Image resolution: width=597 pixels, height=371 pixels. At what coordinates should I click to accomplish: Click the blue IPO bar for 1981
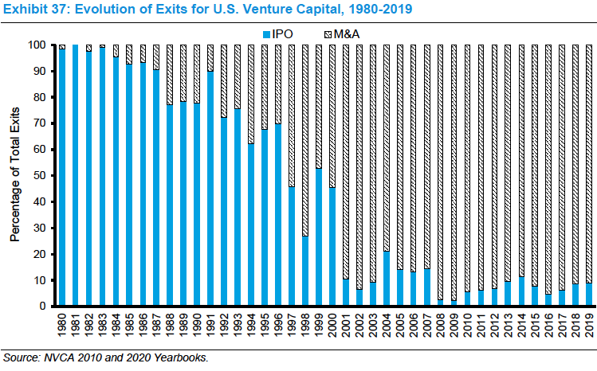click(76, 175)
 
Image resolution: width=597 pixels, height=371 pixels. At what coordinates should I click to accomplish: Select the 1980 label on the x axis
click(62, 326)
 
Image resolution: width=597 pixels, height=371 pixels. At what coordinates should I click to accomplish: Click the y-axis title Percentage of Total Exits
click(14, 175)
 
